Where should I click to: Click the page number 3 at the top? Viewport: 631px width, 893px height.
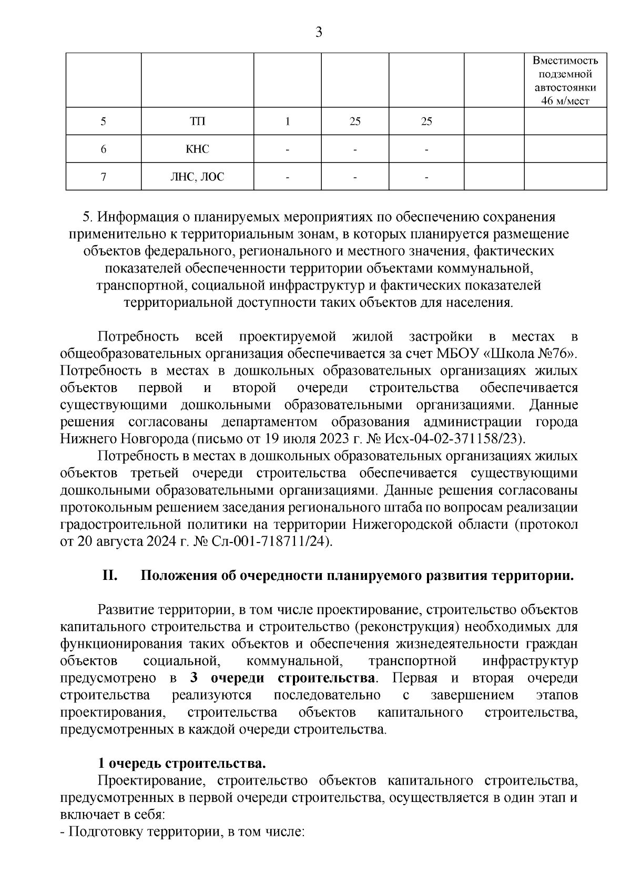(318, 33)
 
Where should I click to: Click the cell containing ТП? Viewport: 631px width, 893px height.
(197, 122)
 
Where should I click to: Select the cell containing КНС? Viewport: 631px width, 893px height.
(197, 149)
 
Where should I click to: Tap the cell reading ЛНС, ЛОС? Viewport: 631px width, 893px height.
(197, 177)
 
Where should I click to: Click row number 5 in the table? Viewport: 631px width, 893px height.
(103, 122)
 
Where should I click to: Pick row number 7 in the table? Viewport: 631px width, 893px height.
(103, 177)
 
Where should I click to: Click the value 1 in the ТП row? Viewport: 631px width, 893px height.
(287, 122)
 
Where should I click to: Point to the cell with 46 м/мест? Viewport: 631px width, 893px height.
(565, 101)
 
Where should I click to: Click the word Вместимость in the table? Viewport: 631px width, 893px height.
(565, 61)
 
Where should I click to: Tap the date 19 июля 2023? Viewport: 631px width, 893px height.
(304, 439)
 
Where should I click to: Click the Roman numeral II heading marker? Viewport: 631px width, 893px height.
(109, 576)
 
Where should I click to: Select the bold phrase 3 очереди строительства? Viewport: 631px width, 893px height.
(284, 678)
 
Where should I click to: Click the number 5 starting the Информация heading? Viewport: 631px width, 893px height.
(87, 217)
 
